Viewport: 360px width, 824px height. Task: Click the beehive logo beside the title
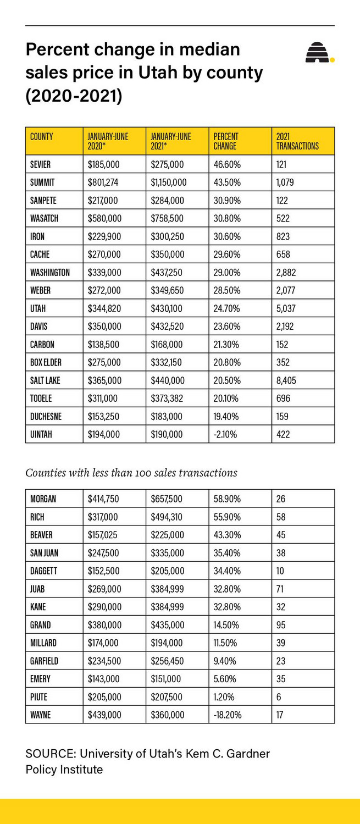[319, 53]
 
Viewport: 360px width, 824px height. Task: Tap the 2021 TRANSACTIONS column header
[297, 141]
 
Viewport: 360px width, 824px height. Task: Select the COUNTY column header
[41, 136]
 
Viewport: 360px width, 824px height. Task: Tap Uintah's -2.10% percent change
[225, 434]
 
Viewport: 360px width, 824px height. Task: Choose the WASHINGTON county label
[50, 273]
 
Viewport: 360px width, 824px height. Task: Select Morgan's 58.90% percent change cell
[227, 499]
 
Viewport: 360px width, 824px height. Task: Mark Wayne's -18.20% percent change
[228, 715]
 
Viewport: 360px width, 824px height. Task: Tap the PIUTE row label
[38, 697]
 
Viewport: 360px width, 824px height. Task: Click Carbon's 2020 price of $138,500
[103, 345]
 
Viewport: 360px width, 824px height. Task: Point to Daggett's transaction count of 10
[280, 571]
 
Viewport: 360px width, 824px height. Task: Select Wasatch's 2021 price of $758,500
[167, 218]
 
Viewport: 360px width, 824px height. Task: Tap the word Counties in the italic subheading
[44, 473]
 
